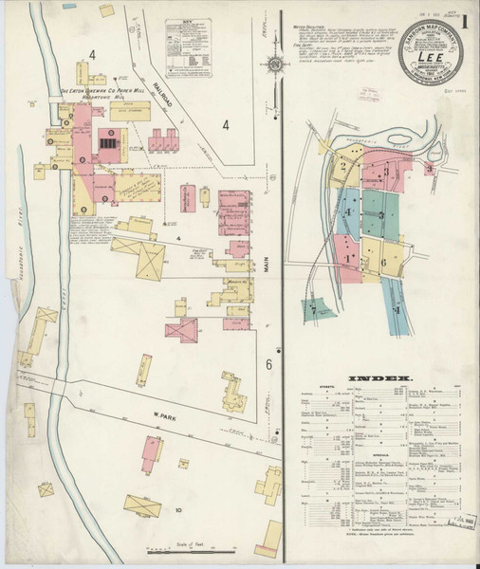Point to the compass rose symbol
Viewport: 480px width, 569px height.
pyautogui.click(x=274, y=64)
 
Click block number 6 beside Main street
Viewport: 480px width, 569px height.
pyautogui.click(x=269, y=364)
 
